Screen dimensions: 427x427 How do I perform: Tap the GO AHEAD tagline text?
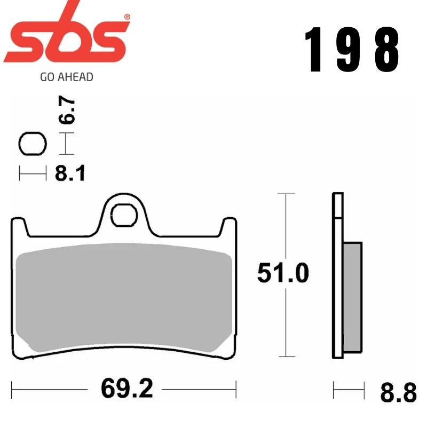[67, 77]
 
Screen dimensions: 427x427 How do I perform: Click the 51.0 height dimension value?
[282, 274]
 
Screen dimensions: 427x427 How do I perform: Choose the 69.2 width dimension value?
[126, 389]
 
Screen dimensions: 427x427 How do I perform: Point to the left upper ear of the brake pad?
[18, 227]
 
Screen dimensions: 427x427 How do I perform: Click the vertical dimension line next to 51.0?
[287, 320]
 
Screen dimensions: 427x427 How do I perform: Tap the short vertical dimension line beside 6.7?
[66, 144]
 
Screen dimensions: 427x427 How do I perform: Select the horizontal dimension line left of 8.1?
[33, 173]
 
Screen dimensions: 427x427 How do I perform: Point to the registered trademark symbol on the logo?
[126, 17]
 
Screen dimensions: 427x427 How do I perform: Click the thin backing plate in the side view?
[337, 278]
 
